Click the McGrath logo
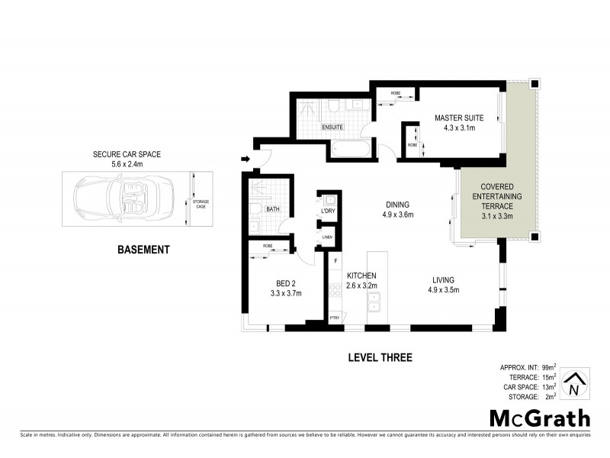click(x=539, y=418)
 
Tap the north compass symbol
click(x=577, y=383)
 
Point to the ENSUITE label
click(x=332, y=127)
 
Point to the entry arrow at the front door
click(x=244, y=160)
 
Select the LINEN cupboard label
click(x=327, y=237)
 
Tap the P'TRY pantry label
click(x=334, y=317)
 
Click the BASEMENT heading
click(x=143, y=249)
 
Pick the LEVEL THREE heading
click(x=380, y=357)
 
